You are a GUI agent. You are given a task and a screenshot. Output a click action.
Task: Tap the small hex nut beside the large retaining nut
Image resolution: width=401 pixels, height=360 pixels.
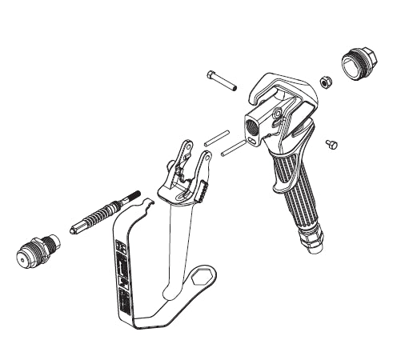coord(326,82)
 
